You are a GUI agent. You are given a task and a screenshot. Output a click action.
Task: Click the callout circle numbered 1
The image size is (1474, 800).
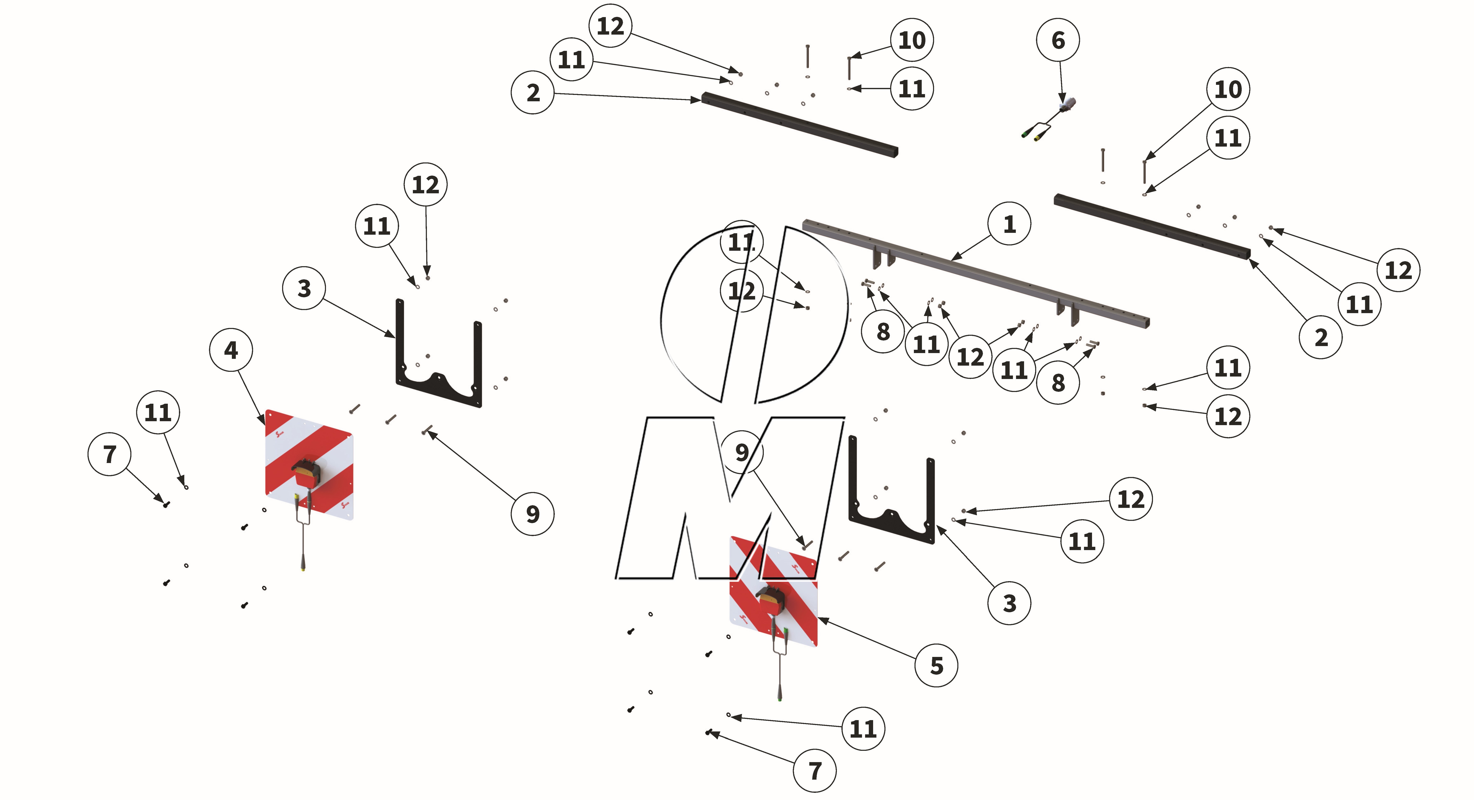click(1009, 224)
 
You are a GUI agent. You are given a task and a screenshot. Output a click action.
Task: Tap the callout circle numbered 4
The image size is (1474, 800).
click(231, 350)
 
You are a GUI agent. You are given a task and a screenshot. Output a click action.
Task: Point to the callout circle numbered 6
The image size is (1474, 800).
click(1058, 40)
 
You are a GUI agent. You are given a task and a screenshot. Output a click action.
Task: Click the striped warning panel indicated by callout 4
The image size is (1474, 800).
click(309, 464)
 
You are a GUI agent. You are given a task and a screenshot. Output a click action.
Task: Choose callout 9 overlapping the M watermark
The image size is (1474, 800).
click(742, 452)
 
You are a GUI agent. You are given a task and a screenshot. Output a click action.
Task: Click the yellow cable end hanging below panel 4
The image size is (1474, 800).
click(303, 567)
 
